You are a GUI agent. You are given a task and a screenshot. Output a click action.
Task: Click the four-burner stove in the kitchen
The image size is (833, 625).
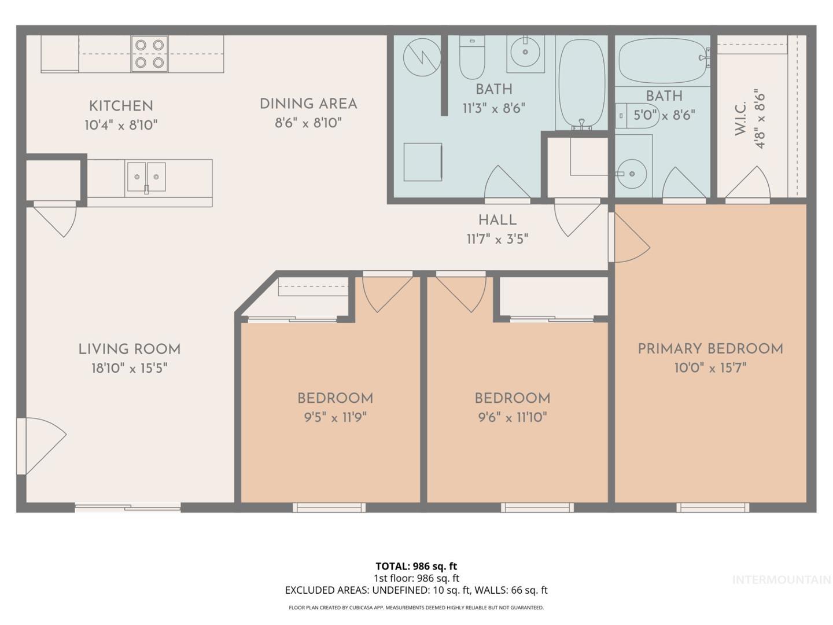(149, 54)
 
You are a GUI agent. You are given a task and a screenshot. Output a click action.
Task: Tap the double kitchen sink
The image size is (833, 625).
(146, 177)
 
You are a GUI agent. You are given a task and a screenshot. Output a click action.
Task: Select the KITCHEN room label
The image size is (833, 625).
(121, 106)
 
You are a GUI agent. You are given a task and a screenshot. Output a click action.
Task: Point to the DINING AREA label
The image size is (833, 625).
(308, 104)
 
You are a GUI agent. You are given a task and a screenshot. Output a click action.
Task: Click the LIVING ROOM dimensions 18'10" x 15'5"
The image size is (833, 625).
(130, 368)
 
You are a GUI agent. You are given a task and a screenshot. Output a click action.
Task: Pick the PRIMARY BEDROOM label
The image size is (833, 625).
(710, 349)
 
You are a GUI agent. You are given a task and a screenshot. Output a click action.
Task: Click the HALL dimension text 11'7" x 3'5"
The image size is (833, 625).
(497, 239)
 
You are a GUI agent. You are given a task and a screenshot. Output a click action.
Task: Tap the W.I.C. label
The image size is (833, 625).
(740, 119)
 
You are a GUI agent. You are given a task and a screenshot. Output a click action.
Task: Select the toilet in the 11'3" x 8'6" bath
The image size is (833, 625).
(472, 57)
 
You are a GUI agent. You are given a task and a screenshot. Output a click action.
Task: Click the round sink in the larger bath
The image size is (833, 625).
(525, 52)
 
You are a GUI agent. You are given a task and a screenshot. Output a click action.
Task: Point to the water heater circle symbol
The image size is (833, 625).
(422, 57)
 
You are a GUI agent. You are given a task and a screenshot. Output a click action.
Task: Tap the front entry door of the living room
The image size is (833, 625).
(41, 446)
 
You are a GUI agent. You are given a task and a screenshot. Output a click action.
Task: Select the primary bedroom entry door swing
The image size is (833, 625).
(629, 237)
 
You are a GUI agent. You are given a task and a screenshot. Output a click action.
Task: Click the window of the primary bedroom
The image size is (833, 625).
(713, 508)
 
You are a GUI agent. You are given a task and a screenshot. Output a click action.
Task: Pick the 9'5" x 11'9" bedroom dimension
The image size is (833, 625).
(335, 417)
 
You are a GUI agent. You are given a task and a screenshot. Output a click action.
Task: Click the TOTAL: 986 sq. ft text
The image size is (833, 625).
(417, 566)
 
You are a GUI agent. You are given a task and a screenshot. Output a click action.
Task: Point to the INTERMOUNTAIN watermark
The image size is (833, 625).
(782, 579)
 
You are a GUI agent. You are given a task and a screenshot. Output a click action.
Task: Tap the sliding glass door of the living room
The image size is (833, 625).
(127, 508)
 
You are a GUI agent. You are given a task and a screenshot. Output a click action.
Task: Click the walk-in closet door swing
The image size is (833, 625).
(747, 183)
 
